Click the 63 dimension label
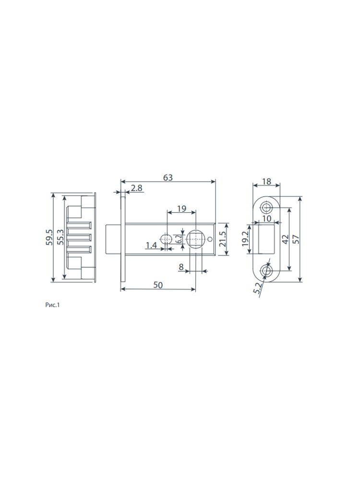[168, 178]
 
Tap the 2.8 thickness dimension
[136, 188]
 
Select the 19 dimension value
[181, 208]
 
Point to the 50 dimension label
[158, 285]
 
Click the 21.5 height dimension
[223, 239]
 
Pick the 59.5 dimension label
[49, 237]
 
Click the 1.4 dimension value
[151, 245]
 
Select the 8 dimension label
[181, 267]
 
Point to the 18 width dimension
[266, 181]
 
